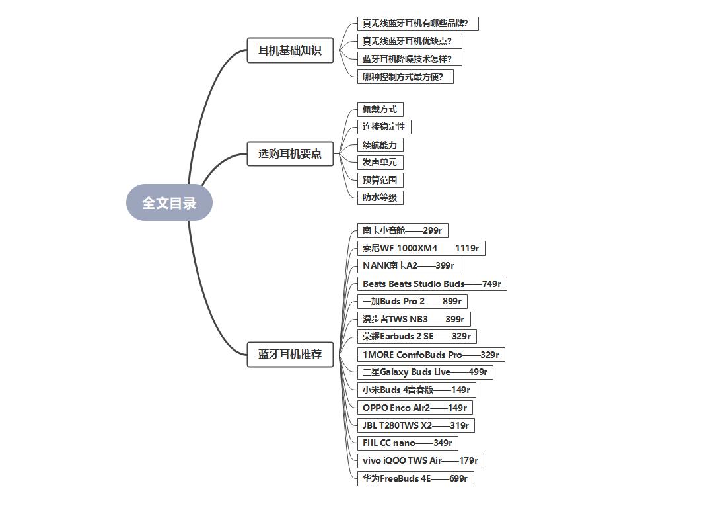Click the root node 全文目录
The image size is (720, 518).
(x=169, y=202)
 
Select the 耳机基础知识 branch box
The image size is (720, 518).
(x=290, y=50)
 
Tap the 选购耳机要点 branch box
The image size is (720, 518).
(x=290, y=153)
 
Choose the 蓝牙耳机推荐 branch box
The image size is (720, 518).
(x=290, y=354)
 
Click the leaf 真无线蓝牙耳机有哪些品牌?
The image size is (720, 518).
(x=417, y=23)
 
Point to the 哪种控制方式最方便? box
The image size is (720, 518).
(x=405, y=77)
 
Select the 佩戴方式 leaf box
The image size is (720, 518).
(x=380, y=109)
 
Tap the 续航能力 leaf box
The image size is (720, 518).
(x=380, y=145)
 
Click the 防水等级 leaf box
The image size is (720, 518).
(x=380, y=197)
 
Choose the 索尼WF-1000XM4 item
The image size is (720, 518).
(x=421, y=249)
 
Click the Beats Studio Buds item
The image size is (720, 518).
(x=432, y=284)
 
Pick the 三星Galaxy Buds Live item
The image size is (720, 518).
(x=425, y=372)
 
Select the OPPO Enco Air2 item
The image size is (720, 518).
(x=415, y=408)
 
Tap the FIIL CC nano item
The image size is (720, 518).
(x=408, y=443)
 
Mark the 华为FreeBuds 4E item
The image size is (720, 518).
(x=415, y=478)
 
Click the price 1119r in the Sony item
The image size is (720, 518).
(x=466, y=249)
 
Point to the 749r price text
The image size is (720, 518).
(x=491, y=284)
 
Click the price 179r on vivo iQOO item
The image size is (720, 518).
(x=468, y=460)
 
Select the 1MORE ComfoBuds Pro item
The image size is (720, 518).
(x=431, y=355)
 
